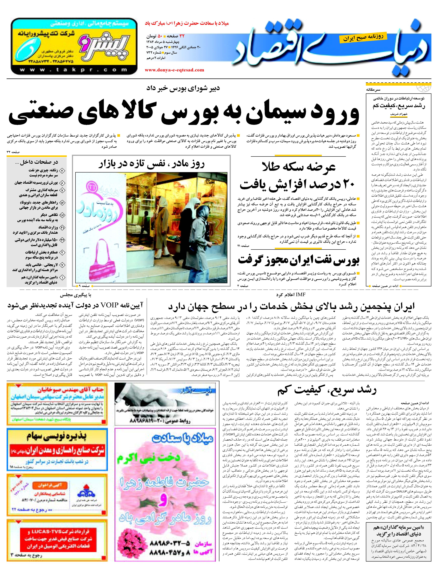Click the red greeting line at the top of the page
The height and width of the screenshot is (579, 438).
(x=187, y=23)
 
